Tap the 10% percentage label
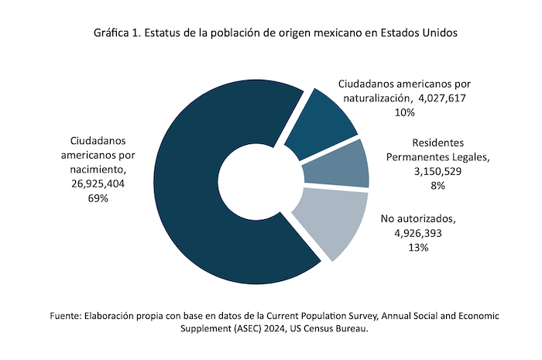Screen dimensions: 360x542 click(x=404, y=112)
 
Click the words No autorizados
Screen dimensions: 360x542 click(x=418, y=218)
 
